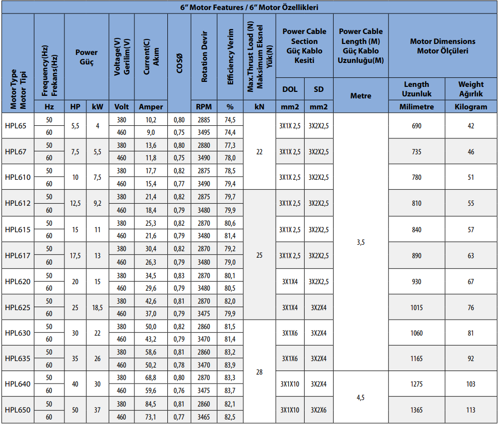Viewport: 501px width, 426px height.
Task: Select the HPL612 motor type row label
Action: coord(18,203)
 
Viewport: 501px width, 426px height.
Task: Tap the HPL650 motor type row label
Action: coord(18,410)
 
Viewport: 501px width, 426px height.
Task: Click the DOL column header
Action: coord(290,89)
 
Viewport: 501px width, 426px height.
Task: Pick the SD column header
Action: coord(318,89)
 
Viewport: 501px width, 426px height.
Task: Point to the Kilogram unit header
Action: coord(471,106)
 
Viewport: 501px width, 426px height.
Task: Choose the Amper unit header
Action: coord(151,106)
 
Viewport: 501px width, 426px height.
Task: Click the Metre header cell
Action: coord(360,95)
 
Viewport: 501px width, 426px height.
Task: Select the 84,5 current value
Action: coord(151,404)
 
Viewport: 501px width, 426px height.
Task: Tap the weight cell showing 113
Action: coord(471,410)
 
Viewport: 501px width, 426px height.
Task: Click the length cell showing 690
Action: coord(416,126)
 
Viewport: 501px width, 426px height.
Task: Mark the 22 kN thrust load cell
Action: coord(259,152)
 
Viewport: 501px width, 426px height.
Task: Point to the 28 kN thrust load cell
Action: coord(259,372)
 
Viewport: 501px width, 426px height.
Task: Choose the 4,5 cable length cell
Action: coord(360,397)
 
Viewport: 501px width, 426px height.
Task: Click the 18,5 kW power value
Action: coord(97,308)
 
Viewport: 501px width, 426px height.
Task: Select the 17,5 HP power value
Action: coord(75,256)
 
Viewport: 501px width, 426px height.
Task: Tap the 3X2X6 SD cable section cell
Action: coord(318,410)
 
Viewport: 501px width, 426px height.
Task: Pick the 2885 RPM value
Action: coord(204,120)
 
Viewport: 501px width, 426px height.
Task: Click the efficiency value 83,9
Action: coord(230,365)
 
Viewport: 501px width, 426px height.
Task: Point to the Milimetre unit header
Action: coord(416,106)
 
